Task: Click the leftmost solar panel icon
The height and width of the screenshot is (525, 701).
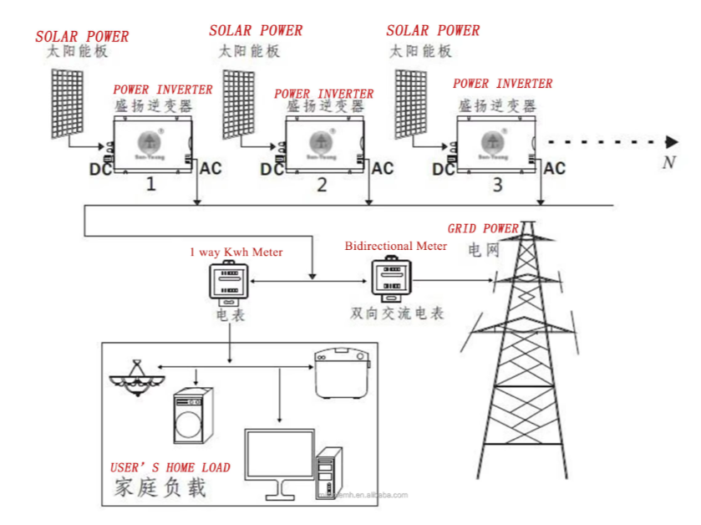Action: (x=69, y=101)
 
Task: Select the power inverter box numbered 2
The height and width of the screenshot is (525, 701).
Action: (x=323, y=144)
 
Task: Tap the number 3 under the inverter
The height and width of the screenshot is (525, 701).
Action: (x=497, y=185)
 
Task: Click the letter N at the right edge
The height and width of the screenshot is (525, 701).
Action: (x=668, y=162)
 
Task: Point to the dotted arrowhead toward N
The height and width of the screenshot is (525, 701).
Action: (x=673, y=141)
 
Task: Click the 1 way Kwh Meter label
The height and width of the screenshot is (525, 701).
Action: (x=236, y=252)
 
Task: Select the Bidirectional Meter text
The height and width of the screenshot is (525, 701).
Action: (x=396, y=246)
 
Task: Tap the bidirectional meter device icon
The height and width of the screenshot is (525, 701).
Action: (x=389, y=279)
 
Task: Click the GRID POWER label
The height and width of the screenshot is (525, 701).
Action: (x=483, y=228)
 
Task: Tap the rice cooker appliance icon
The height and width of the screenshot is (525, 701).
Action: (x=341, y=373)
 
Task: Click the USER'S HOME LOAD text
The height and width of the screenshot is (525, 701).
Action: (x=170, y=467)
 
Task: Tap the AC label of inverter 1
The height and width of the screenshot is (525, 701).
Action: (x=211, y=168)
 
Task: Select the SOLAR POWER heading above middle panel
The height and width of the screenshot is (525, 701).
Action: (x=256, y=31)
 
